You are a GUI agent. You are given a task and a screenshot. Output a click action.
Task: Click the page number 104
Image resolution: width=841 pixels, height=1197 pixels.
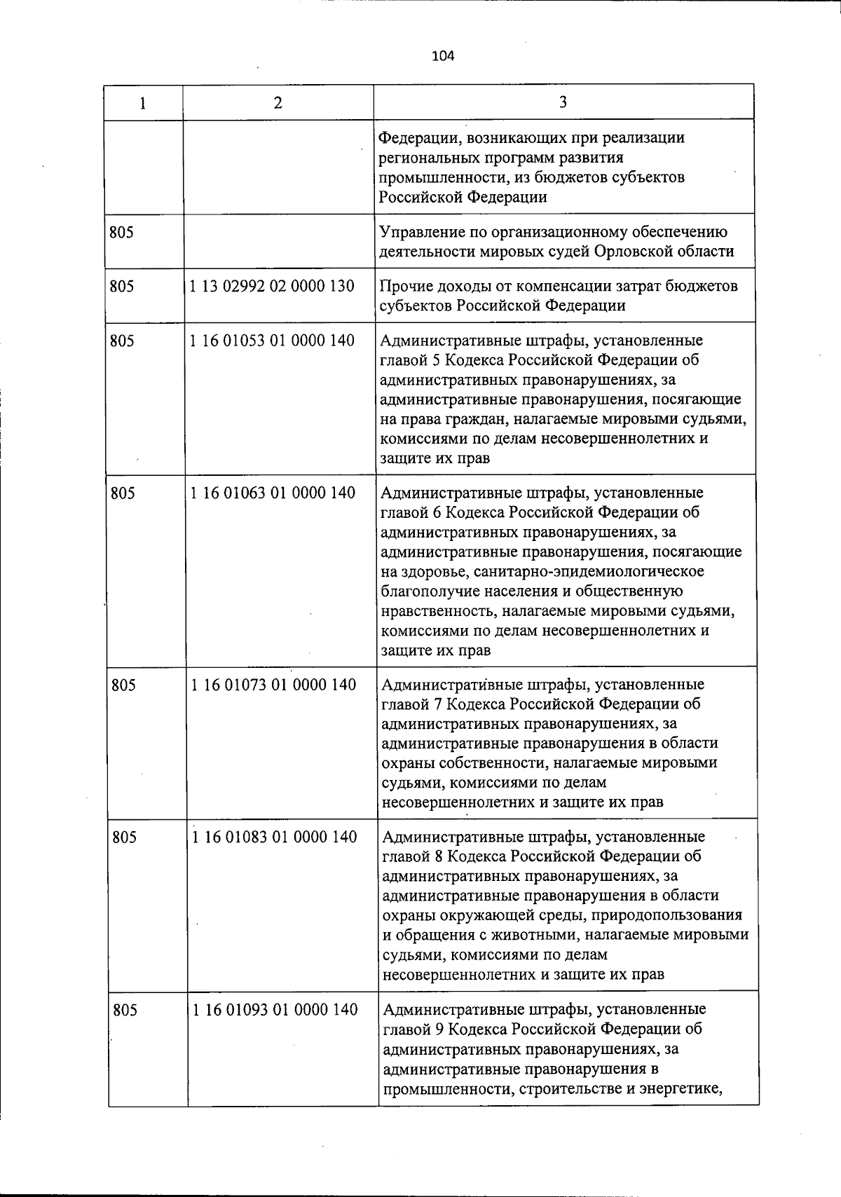pos(443,56)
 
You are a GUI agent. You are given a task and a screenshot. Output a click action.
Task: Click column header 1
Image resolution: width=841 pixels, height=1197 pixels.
pos(143,103)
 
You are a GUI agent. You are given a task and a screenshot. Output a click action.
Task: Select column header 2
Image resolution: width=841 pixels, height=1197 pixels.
pos(278,103)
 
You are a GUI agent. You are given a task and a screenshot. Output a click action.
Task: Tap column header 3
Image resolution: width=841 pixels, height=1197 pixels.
pos(563,102)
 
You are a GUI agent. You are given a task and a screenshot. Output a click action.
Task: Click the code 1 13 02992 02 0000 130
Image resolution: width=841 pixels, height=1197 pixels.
pos(272,286)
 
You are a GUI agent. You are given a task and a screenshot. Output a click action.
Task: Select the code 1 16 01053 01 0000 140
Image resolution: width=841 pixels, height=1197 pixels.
pos(272,341)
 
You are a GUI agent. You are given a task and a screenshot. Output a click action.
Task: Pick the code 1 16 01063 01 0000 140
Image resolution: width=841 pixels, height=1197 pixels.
pos(273,493)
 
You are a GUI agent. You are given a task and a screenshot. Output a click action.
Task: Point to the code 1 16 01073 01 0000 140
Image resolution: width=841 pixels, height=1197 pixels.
pos(273,685)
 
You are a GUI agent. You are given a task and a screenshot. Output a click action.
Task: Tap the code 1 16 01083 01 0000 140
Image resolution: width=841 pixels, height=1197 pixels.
pos(274,837)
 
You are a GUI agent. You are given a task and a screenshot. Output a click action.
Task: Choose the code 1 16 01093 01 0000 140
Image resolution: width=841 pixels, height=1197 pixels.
pos(275,1010)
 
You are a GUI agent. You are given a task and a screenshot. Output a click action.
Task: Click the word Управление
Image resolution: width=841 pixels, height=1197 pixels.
pos(420,232)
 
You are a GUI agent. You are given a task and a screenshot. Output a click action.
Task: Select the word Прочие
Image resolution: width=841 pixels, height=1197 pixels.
pos(404,286)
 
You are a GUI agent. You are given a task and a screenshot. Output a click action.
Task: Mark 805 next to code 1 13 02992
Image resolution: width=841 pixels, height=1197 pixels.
pos(122,286)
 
